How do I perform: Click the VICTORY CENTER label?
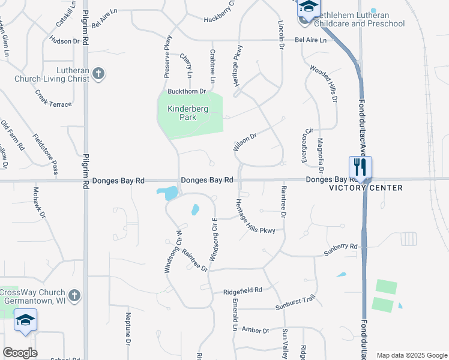click(x=366, y=188)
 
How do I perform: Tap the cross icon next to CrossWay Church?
click(x=74, y=295)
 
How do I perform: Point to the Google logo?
click(x=20, y=353)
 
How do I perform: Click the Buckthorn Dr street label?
click(x=187, y=91)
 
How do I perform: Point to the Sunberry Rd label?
click(x=340, y=247)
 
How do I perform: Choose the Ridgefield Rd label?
click(x=243, y=290)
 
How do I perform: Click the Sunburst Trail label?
click(x=295, y=307)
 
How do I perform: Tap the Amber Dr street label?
click(x=256, y=330)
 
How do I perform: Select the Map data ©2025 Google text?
click(x=411, y=355)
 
